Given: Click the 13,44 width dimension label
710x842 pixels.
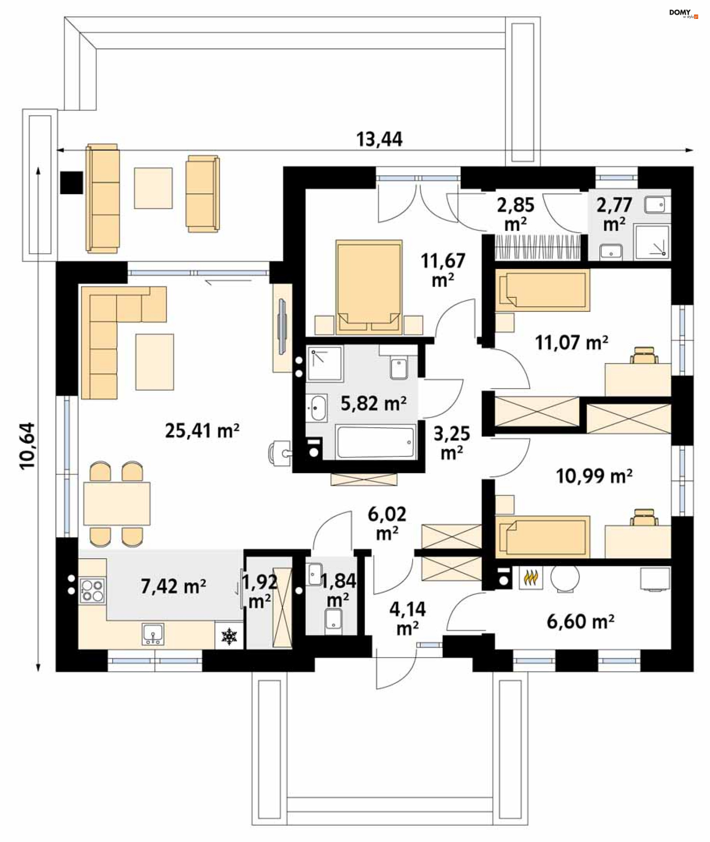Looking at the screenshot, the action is click(379, 139).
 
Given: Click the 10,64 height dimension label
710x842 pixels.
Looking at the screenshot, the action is click(28, 445).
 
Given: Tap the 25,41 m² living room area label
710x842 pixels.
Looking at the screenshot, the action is click(202, 431).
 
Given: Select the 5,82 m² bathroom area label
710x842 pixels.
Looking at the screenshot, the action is click(373, 403).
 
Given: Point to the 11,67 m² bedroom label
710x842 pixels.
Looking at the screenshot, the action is click(443, 270).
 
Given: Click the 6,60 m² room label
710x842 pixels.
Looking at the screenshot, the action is click(581, 622).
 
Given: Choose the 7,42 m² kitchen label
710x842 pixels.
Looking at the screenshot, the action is click(173, 586).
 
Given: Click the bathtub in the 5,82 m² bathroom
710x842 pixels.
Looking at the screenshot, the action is click(376, 442).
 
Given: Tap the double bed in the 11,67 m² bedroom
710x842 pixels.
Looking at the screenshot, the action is click(369, 287).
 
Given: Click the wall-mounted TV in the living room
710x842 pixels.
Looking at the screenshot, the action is click(282, 327).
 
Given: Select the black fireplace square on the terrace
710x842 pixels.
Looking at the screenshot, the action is click(72, 182).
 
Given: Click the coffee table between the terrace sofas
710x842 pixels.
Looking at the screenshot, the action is click(153, 188).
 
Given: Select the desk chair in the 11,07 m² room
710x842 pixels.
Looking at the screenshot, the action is click(644, 355).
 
